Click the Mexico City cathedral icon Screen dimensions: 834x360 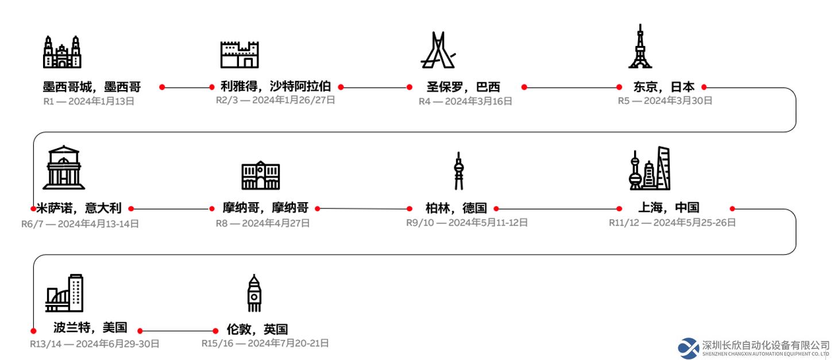pos(62,52)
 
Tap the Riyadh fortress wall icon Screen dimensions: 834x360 pos(240,55)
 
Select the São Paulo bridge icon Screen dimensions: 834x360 pos(438,50)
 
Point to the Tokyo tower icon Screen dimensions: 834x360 pos(640,46)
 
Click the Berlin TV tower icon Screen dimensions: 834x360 pos(459,171)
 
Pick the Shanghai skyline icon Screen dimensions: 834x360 pos(650,168)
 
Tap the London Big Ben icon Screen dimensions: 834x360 pos(254,293)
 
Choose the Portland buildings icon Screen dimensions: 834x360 pos(64,293)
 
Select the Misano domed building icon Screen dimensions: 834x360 pos(64,168)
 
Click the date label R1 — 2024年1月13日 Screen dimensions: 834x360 pos(88,101)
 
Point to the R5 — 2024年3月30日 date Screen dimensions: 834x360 pos(665,100)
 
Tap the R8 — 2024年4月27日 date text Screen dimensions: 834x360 pos(263,223)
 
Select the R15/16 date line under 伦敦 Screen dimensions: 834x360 pos(265,343)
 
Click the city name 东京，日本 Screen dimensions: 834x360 pos(664,87)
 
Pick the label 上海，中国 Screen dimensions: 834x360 pos(669,207)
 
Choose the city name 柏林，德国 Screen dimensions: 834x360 pos(456,208)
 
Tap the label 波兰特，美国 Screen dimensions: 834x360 pos(91,328)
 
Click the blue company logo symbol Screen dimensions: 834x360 pos(689,349)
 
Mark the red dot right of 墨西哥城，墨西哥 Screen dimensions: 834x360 pos(162,87)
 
